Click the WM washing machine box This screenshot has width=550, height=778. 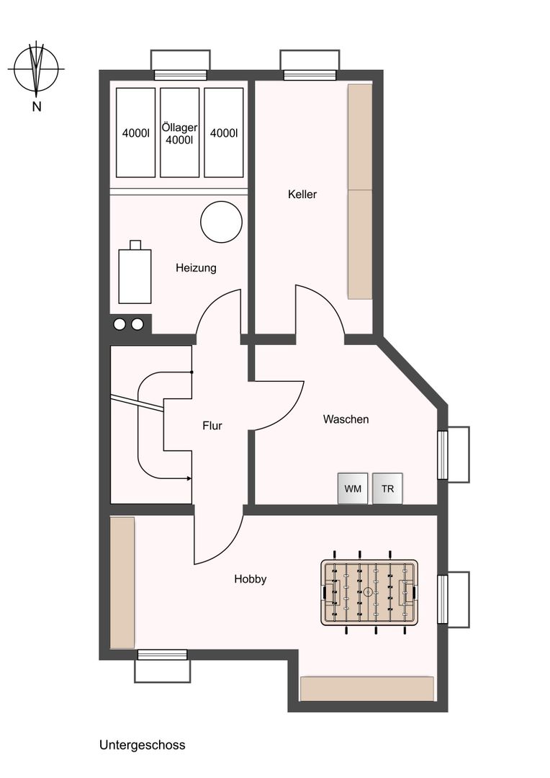(x=353, y=488)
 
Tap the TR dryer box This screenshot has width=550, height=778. (x=387, y=488)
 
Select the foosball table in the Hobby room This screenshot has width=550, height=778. (x=369, y=592)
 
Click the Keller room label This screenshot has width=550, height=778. (x=302, y=194)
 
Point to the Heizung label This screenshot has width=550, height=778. (x=196, y=268)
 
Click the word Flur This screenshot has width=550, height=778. (x=212, y=426)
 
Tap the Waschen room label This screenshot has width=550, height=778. (x=346, y=419)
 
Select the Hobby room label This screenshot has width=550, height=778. (x=251, y=579)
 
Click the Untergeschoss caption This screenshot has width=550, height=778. (x=143, y=745)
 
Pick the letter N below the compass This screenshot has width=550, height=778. (x=36, y=106)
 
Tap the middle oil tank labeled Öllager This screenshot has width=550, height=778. (x=179, y=133)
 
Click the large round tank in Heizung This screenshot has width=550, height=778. (x=221, y=222)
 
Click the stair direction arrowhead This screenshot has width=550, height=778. (x=189, y=478)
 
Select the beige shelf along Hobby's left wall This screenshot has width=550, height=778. (x=122, y=583)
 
